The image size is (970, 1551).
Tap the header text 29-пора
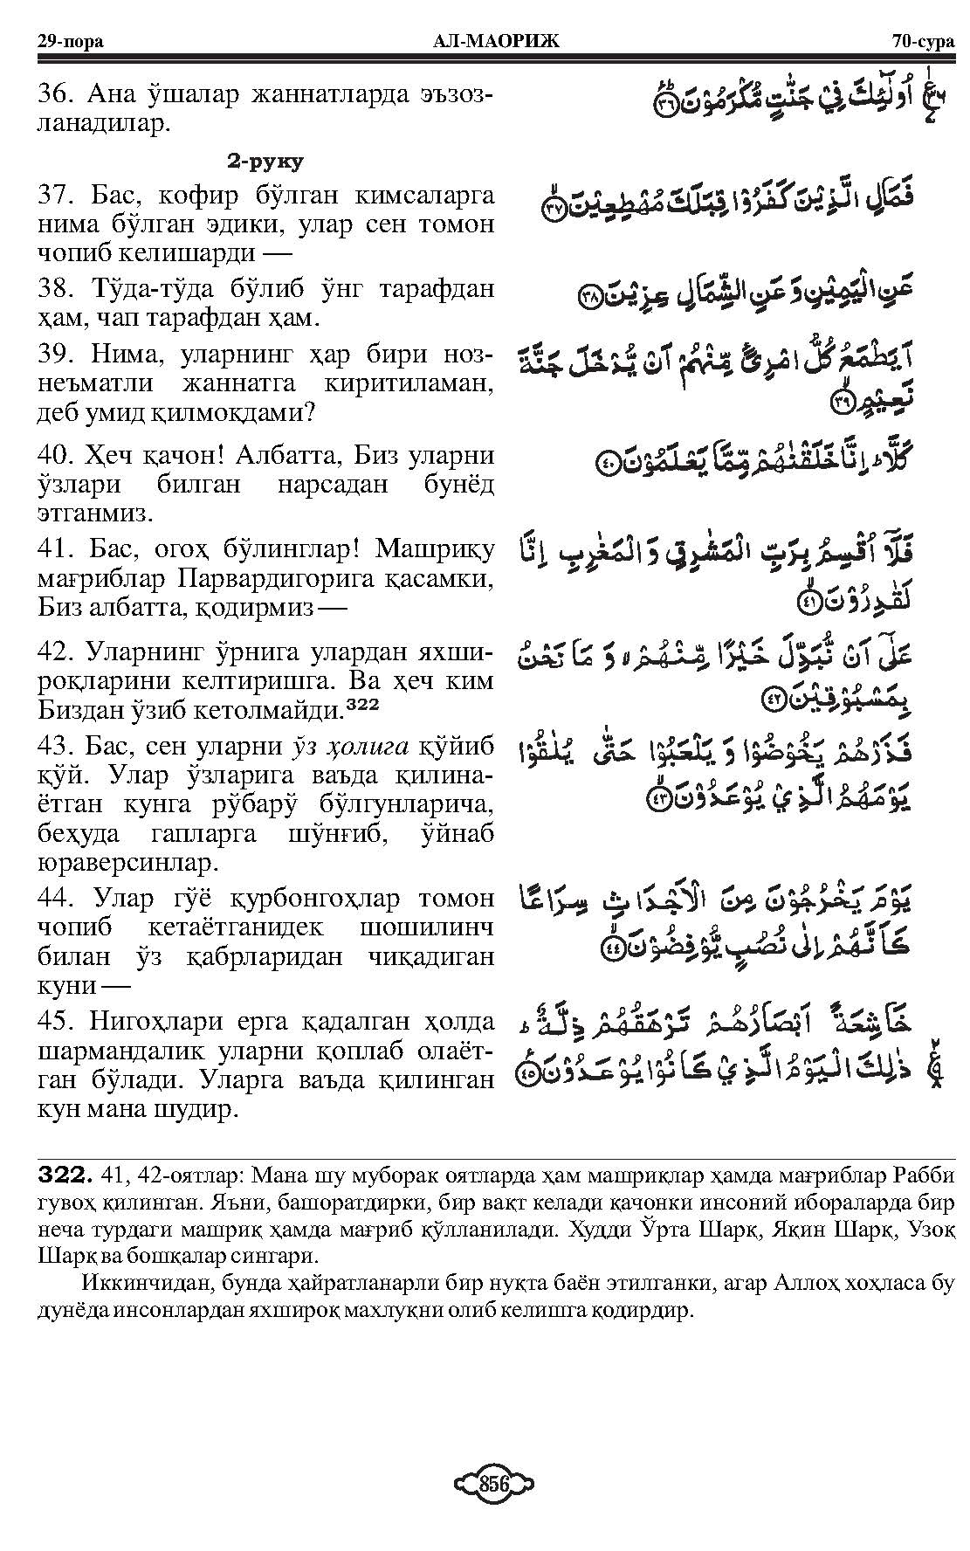point(65,41)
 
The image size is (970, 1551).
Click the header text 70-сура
point(924,41)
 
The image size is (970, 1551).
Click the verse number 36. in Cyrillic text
point(54,94)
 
